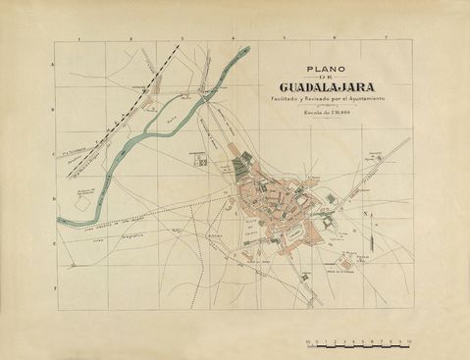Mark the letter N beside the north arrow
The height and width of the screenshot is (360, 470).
(x=365, y=215)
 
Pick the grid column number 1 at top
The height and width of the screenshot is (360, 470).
(x=78, y=39)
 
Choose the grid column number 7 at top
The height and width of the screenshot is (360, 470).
(x=387, y=39)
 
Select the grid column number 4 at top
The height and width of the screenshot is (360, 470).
(x=233, y=39)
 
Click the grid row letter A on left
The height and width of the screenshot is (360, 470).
(x=52, y=65)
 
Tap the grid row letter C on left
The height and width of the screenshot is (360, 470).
(x=52, y=154)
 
